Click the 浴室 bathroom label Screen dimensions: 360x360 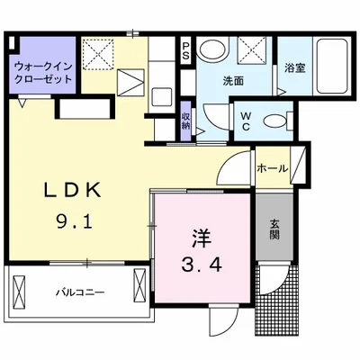[x=293, y=67]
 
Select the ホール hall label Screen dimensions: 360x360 [x=273, y=167]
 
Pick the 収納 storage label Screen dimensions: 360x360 [x=185, y=120]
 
